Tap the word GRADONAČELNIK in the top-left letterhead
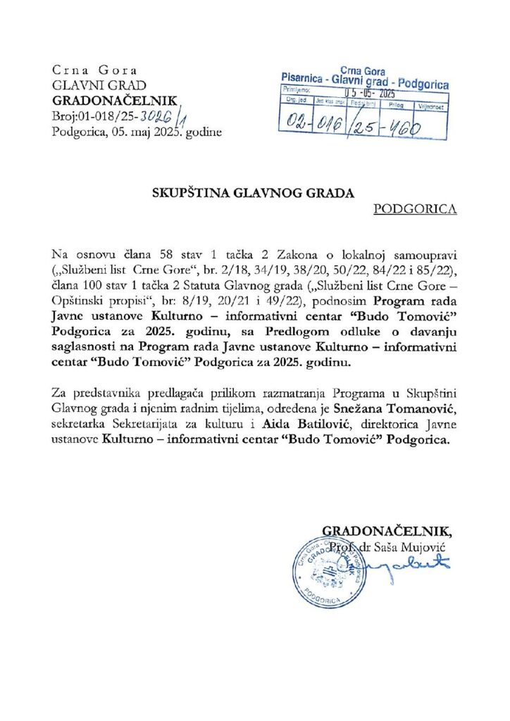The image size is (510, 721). (x=116, y=101)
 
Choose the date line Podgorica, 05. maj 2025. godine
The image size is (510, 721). (x=137, y=132)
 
